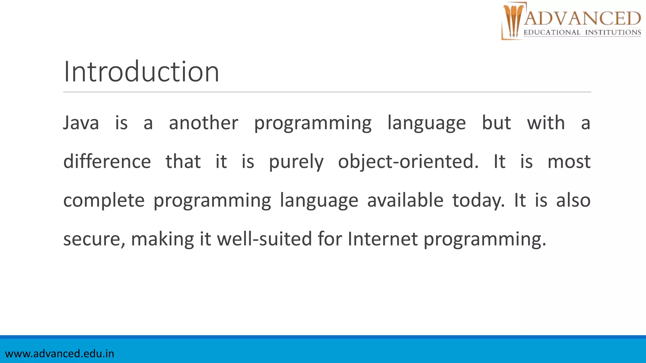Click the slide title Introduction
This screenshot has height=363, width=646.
(x=141, y=72)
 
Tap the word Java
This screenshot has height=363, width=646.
(x=81, y=123)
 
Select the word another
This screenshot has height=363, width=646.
(x=203, y=123)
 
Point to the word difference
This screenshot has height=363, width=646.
(x=107, y=162)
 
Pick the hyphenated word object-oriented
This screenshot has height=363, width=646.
(x=408, y=162)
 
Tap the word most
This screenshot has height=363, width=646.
(x=569, y=162)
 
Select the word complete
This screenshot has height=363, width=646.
(x=104, y=201)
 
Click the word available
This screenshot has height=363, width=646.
(x=405, y=200)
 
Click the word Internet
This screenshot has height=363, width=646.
(x=383, y=239)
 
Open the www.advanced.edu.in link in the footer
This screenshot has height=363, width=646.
(x=60, y=354)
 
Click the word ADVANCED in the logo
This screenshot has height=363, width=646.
(x=582, y=18)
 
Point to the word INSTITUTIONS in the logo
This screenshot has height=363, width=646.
(x=613, y=32)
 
